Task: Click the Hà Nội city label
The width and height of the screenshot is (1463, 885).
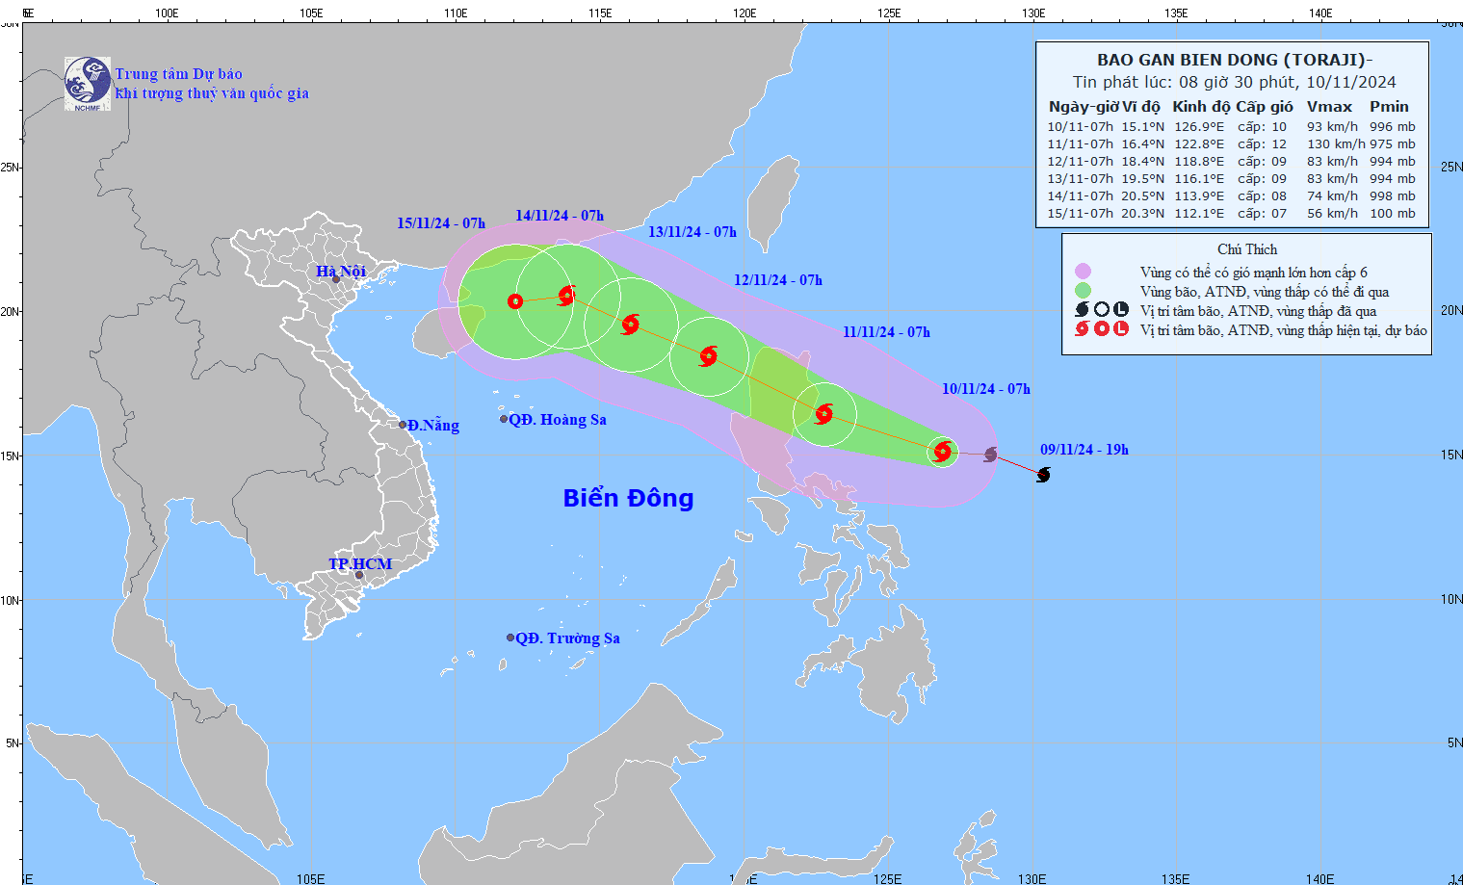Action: [341, 272]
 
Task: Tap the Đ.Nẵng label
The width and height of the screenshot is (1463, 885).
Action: [432, 426]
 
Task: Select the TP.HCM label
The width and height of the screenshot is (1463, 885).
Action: [360, 564]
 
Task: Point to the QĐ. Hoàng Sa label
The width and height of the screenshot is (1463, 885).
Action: [558, 420]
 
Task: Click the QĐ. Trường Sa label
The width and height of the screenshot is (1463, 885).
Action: [567, 638]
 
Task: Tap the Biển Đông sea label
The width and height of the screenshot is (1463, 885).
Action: [628, 498]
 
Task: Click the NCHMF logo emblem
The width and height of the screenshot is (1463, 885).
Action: [88, 83]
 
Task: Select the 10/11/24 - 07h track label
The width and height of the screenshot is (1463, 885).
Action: [985, 389]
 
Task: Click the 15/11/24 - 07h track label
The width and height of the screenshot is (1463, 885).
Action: [441, 223]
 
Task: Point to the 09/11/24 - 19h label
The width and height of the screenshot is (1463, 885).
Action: [1084, 450]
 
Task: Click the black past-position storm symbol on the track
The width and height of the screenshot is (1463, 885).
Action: [1043, 475]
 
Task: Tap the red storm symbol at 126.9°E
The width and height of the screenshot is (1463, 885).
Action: [943, 451]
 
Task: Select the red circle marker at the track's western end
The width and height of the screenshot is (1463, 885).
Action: [515, 301]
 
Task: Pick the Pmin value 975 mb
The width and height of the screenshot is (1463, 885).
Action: [1392, 144]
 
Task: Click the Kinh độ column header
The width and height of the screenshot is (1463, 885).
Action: [1200, 107]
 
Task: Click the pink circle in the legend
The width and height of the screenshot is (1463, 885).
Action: [1083, 272]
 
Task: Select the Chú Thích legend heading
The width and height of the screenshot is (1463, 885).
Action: [1246, 249]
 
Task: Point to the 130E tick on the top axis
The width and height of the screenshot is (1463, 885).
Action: [1033, 13]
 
